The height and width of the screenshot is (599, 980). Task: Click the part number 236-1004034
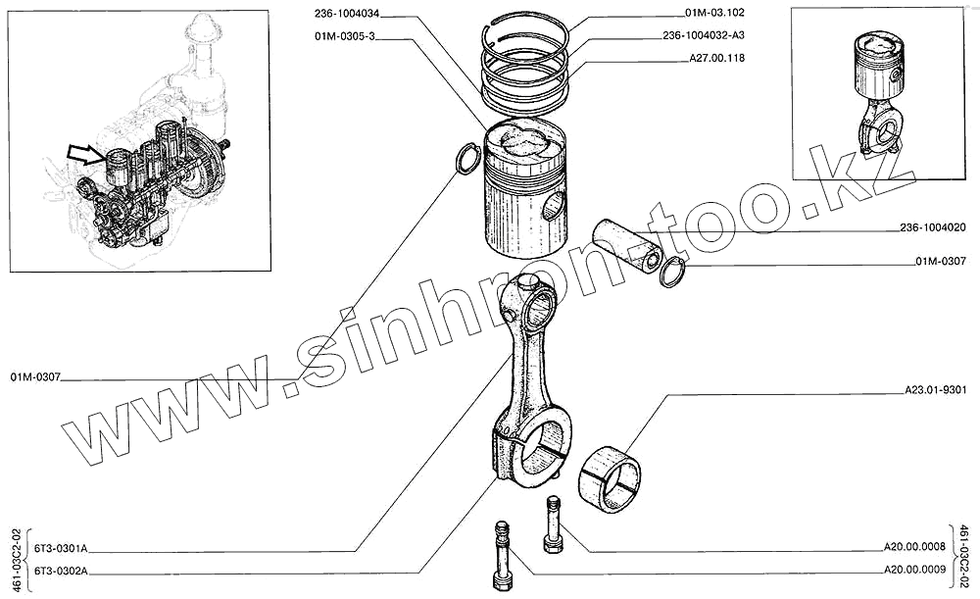point(347,14)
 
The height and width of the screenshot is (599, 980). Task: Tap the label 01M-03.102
point(717,14)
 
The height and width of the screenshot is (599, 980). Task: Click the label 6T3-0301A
point(61,548)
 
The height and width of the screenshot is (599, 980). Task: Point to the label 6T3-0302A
point(61,570)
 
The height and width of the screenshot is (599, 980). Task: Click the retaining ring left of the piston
point(468,159)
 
